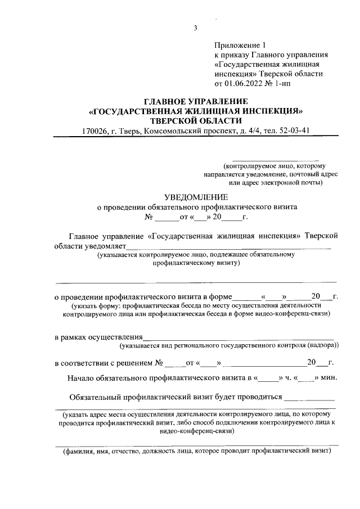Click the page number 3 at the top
click(195, 29)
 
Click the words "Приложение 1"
click(239, 44)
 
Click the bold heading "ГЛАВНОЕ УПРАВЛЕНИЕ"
click(196, 101)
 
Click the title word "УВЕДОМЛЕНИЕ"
click(196, 197)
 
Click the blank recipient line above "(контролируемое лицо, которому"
click(276, 160)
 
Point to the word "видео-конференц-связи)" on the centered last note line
click(196, 431)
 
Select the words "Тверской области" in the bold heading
click(196, 120)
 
